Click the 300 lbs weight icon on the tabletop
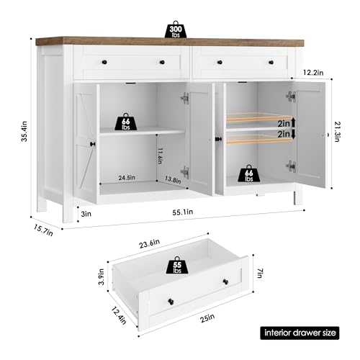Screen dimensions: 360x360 pos(176,30)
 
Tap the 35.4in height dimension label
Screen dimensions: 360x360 pos(24,132)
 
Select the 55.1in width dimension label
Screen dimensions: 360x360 pos(183,212)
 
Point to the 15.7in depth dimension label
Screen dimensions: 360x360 pos(43,230)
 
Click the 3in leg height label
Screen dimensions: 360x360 pos(86,214)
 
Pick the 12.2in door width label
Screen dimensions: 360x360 pos(313,72)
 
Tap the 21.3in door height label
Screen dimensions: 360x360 pos(338,132)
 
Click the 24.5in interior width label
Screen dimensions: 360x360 pos(127,178)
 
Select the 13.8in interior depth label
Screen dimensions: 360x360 pos(173,179)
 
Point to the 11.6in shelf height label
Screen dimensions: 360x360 pos(160,156)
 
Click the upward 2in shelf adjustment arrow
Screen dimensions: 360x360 pos(293,122)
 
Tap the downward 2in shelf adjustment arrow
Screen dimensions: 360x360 pos(293,134)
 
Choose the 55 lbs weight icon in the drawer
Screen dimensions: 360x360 pos(177,266)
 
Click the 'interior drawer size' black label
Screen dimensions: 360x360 pos(300,333)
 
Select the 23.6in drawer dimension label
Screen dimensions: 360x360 pos(150,244)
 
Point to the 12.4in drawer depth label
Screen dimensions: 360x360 pos(119,316)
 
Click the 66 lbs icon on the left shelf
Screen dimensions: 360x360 pos(126,122)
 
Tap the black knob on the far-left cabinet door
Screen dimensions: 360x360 pos(93,144)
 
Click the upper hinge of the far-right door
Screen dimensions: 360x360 pos(291,96)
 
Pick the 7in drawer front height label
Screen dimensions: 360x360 pos(259,273)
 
